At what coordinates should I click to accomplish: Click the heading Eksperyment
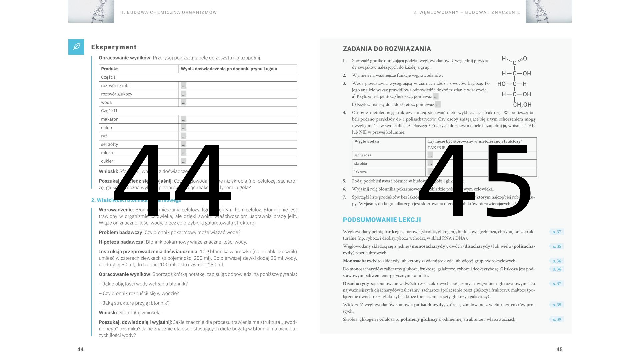click(114, 47)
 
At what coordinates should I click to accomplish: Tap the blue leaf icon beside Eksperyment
click(76, 47)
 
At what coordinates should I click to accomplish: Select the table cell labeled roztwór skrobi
click(115, 86)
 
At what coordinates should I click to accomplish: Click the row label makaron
click(110, 119)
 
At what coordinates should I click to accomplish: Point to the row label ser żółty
click(110, 144)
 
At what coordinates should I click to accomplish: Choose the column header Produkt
click(109, 69)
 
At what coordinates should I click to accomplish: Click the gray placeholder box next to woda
click(184, 102)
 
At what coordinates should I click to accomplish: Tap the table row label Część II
click(109, 111)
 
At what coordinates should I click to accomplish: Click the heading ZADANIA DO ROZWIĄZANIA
click(387, 49)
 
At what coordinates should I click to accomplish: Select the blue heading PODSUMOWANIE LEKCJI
click(382, 220)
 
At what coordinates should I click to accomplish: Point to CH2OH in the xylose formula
click(522, 105)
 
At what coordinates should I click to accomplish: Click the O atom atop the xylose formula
click(525, 59)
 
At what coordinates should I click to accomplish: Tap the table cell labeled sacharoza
click(363, 155)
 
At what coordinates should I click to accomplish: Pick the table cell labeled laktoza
click(360, 172)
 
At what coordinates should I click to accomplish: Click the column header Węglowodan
click(367, 141)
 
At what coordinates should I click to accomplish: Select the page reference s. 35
click(557, 247)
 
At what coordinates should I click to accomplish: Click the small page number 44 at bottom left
click(80, 349)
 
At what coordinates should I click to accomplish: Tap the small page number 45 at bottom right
click(559, 349)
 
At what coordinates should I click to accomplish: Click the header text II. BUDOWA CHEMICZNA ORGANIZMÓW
click(169, 12)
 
